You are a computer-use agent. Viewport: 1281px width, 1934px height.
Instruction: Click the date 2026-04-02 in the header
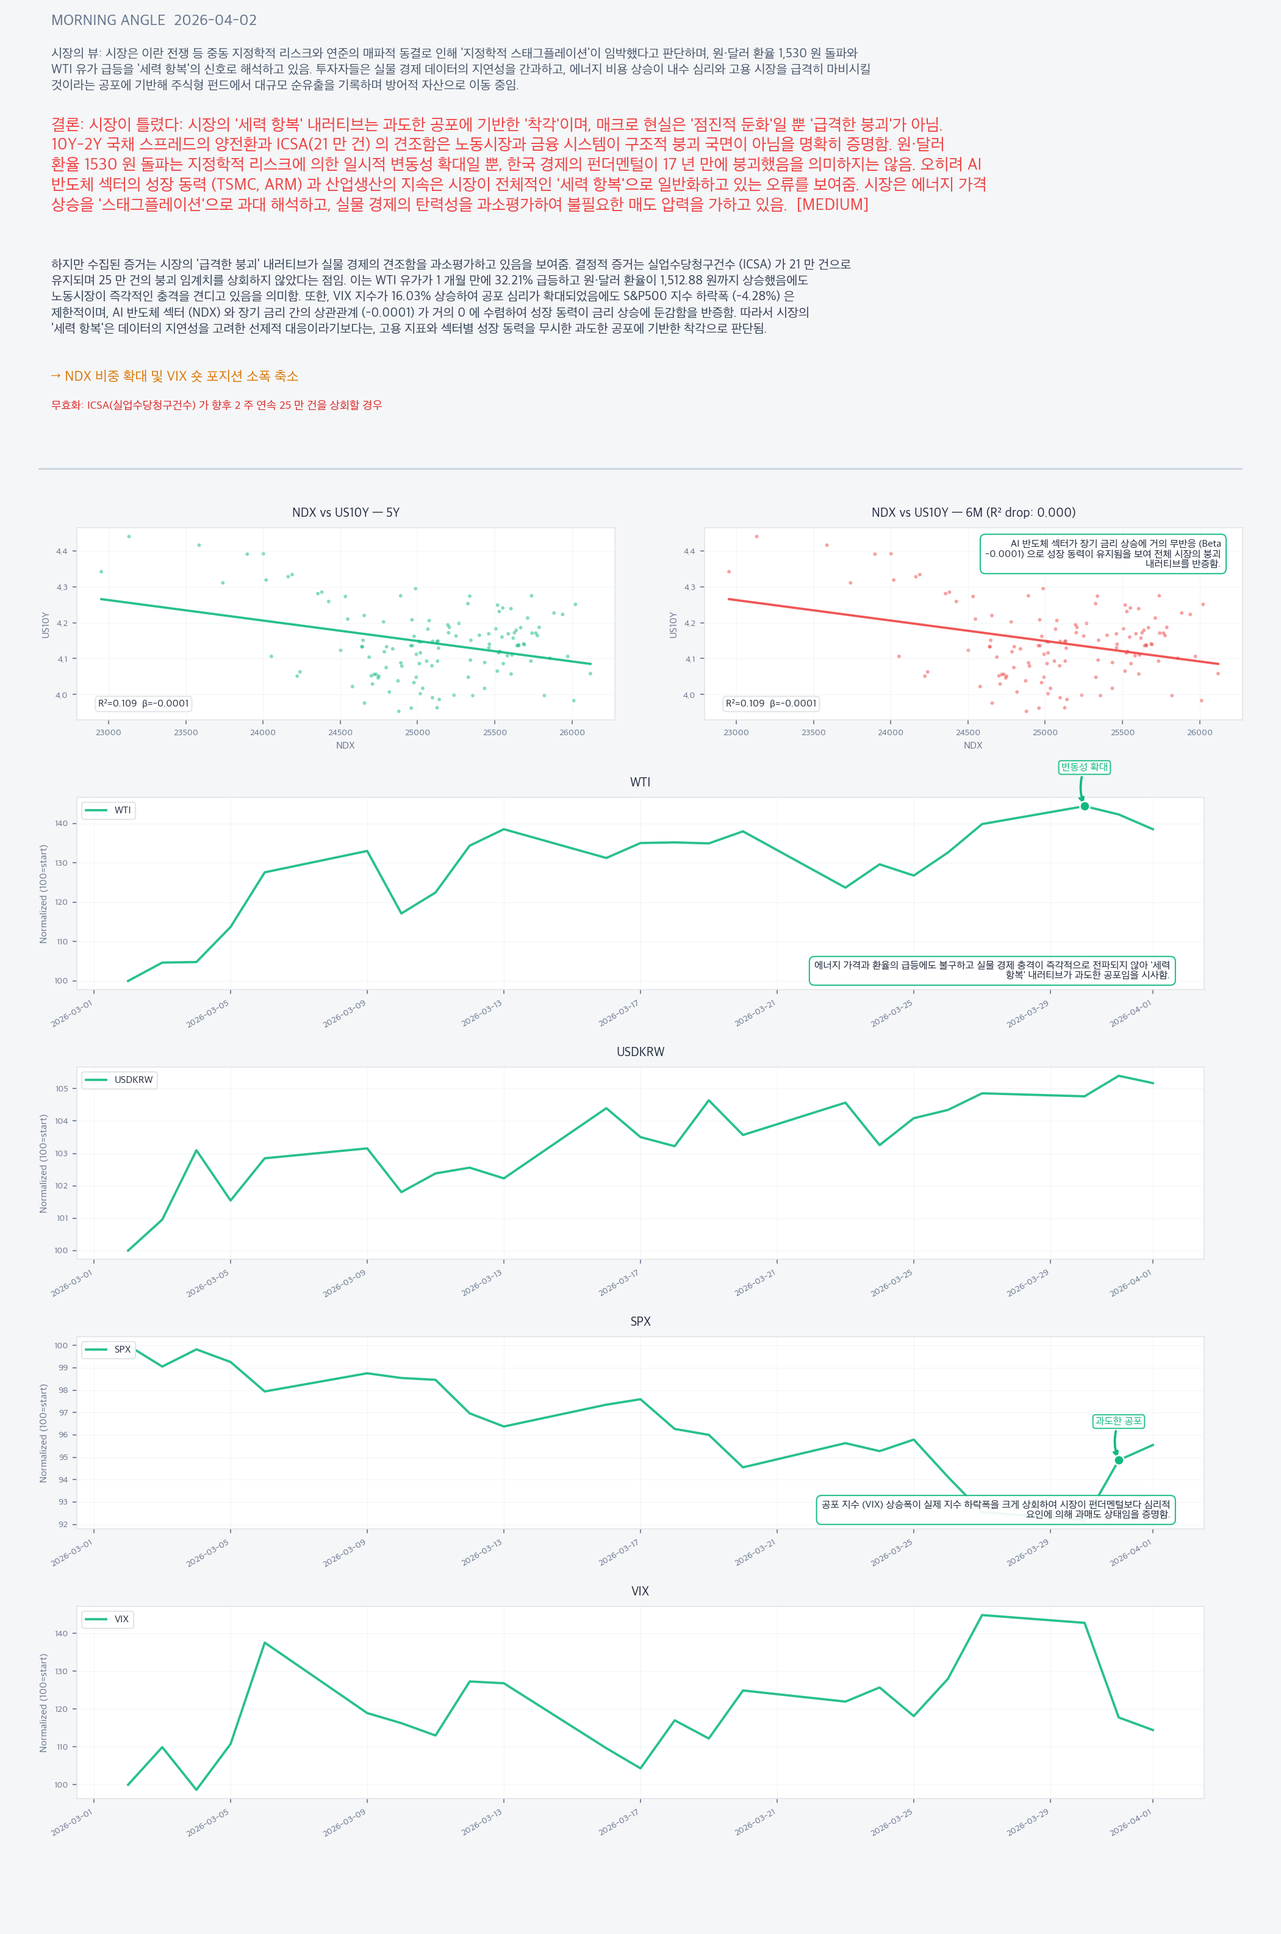tap(216, 20)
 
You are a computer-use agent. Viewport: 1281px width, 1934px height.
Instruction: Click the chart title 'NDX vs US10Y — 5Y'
tap(346, 512)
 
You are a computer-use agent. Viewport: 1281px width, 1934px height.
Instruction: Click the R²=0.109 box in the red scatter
tap(770, 703)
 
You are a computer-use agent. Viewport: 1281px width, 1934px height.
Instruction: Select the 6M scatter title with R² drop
tap(973, 512)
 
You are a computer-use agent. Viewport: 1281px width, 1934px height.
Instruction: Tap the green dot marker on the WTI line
tap(1084, 807)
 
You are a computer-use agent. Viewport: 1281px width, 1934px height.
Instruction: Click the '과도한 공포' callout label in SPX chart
tap(1118, 1421)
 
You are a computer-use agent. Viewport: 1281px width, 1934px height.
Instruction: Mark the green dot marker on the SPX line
tap(1118, 1460)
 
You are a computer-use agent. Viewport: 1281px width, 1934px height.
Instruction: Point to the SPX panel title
tap(640, 1321)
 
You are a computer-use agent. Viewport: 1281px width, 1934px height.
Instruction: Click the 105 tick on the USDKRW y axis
tap(62, 1088)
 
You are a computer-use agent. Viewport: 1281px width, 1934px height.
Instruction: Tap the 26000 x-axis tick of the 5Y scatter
tap(572, 733)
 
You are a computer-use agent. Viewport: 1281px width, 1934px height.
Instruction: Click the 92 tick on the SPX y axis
tap(63, 1525)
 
